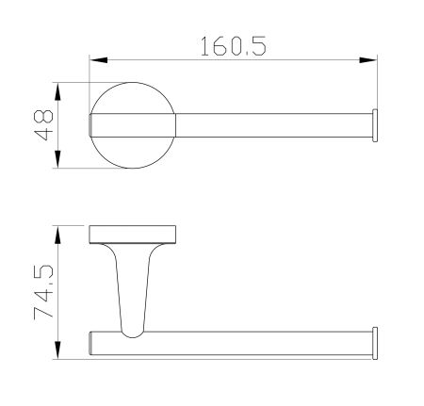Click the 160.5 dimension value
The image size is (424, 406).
click(232, 44)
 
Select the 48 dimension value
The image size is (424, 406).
click(41, 125)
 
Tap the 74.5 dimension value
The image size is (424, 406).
click(42, 292)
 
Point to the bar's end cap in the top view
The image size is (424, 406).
click(375, 125)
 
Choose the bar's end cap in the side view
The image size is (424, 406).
click(375, 342)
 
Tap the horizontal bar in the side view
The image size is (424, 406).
click(254, 342)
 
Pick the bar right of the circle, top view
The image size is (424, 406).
click(273, 125)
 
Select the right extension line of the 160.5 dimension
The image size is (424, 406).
click(377, 85)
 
